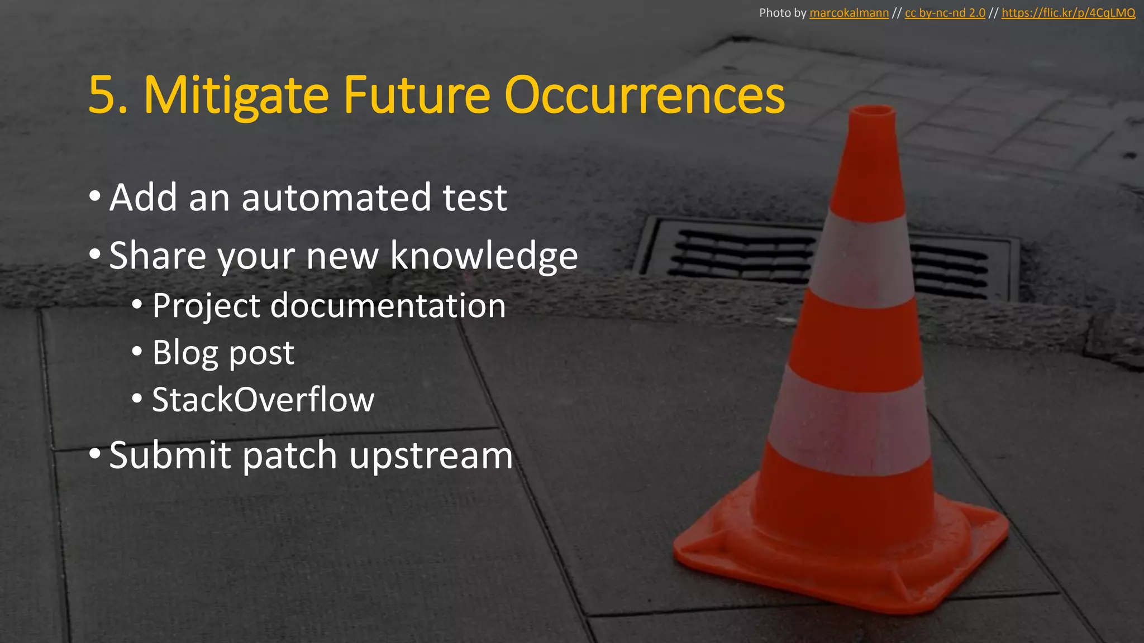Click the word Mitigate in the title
pos(236,96)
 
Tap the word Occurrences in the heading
pos(645,96)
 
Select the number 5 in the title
pos(103,96)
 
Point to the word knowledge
pos(484,256)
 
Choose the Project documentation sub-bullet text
pos(329,306)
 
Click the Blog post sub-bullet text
pos(223,353)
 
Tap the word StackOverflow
pos(263,400)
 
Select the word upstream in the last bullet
pos(431,455)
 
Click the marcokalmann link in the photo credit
pos(849,13)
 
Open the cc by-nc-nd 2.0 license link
pos(945,13)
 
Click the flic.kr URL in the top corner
pos(1068,13)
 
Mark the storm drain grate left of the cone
pos(737,254)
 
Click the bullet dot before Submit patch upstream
pos(94,453)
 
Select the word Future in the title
pos(416,96)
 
